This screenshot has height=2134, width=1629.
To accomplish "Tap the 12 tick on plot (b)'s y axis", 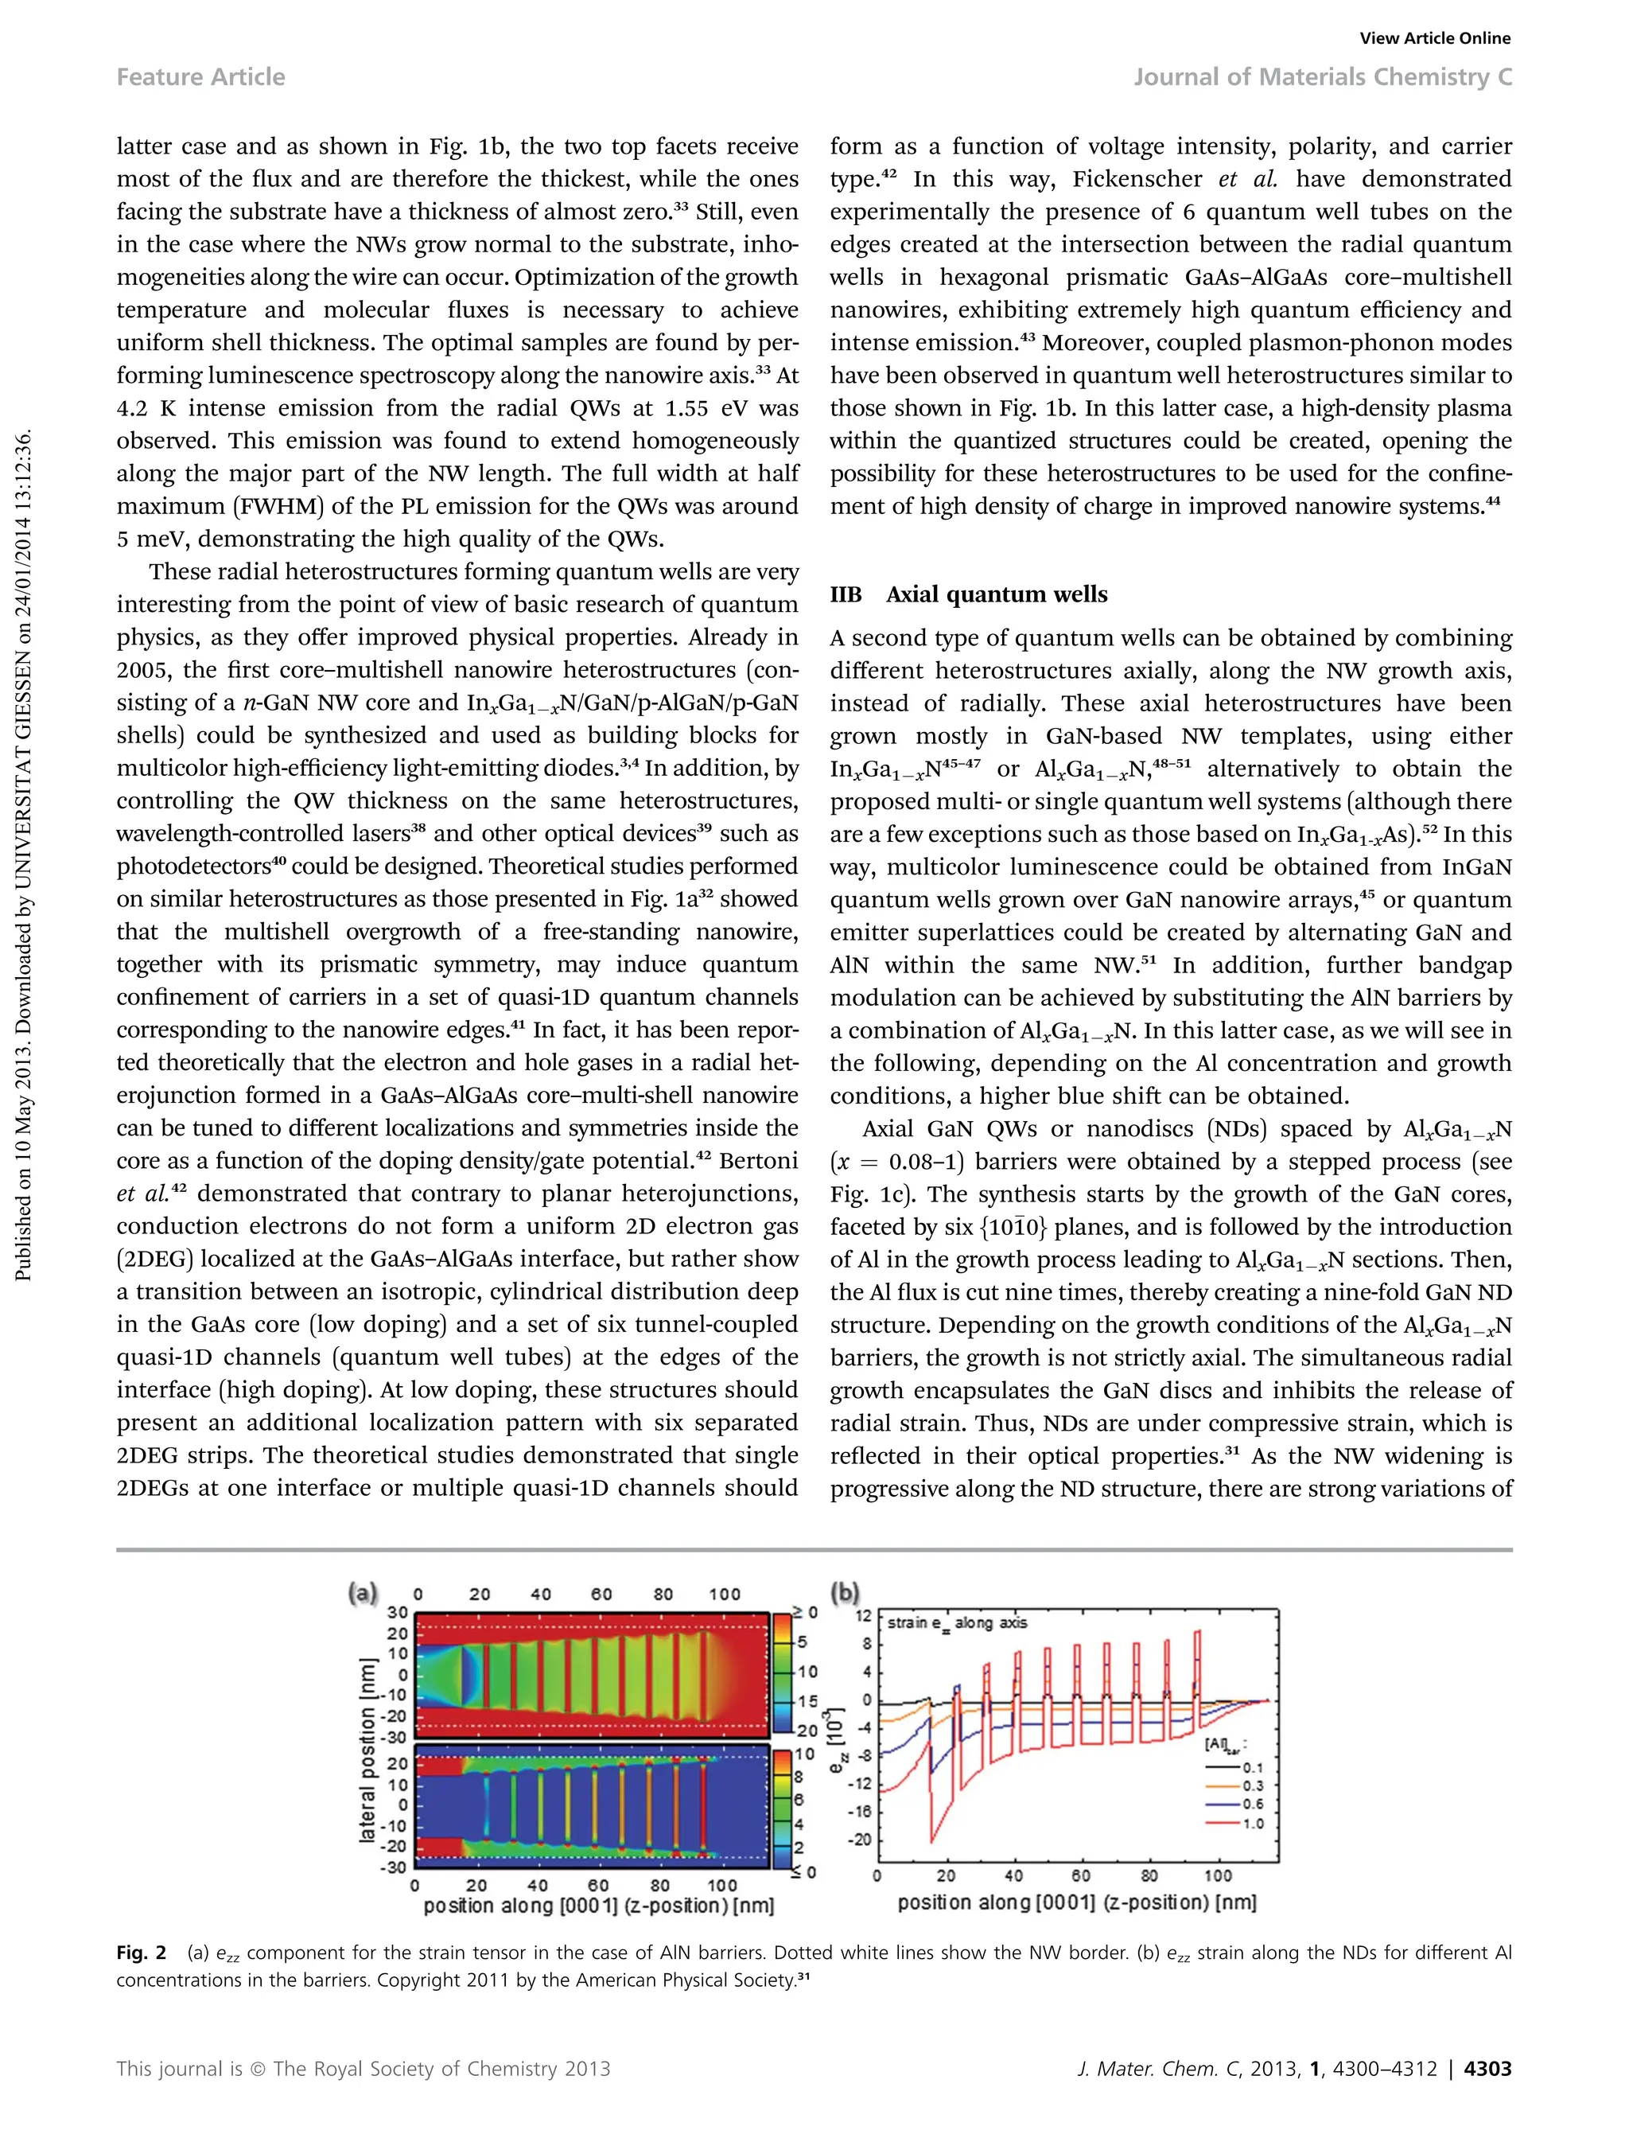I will tap(863, 1615).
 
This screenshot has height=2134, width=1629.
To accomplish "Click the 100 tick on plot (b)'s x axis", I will tap(1218, 1876).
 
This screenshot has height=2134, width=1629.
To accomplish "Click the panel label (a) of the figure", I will tap(363, 1593).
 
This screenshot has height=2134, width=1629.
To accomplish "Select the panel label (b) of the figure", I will tap(845, 1593).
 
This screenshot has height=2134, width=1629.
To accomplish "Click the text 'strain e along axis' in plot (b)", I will tap(957, 1623).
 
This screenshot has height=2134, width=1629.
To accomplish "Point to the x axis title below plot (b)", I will tap(1076, 1903).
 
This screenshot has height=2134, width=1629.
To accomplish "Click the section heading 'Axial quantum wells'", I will tap(996, 594).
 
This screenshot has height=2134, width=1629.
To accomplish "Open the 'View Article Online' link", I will tap(1434, 38).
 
